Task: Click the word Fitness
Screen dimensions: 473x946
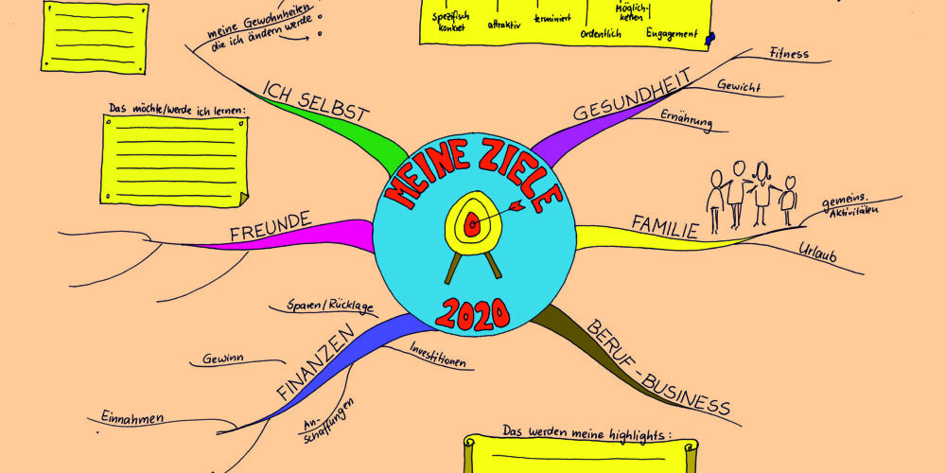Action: tap(789, 54)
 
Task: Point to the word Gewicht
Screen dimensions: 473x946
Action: tap(738, 85)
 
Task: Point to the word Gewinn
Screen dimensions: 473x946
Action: tap(223, 358)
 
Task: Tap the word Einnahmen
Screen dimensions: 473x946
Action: tap(132, 417)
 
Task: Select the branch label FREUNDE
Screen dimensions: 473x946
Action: tap(271, 225)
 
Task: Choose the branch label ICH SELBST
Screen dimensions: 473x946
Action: tap(315, 101)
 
